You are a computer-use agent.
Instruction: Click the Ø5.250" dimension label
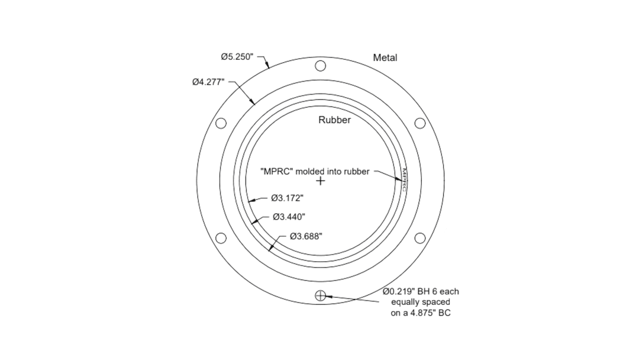[237, 57]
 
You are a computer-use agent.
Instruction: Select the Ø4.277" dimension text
[208, 82]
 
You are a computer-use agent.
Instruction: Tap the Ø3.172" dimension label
[287, 198]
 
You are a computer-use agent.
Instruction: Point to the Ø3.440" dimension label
[289, 217]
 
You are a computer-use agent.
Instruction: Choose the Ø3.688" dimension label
[306, 236]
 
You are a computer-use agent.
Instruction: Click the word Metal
[385, 58]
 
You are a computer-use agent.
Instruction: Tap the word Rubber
[335, 120]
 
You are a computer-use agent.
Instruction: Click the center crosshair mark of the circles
[320, 181]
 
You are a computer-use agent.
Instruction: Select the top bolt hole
[320, 65]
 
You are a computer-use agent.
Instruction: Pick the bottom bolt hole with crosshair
[320, 295]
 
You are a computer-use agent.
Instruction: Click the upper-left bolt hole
[221, 123]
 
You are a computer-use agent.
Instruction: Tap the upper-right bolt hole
[420, 123]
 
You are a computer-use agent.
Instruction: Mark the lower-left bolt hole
[221, 238]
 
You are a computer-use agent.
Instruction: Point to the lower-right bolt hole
[420, 238]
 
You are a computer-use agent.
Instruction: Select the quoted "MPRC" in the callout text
[277, 172]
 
